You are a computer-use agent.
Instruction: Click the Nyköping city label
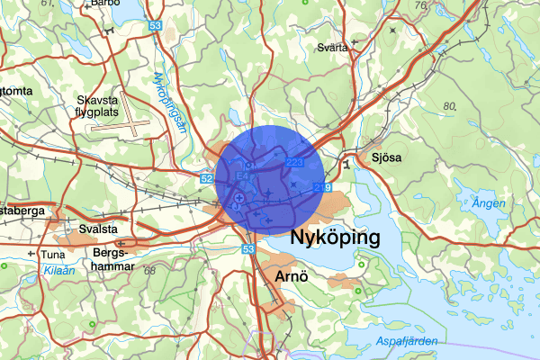tap(336, 238)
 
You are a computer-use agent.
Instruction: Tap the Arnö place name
tap(291, 275)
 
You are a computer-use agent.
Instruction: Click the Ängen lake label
tap(489, 204)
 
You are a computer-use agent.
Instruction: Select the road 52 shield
tap(206, 179)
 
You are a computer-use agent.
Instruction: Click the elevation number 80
tap(450, 105)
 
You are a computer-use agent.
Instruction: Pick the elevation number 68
tap(149, 271)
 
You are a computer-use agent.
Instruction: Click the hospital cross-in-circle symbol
tap(240, 197)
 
